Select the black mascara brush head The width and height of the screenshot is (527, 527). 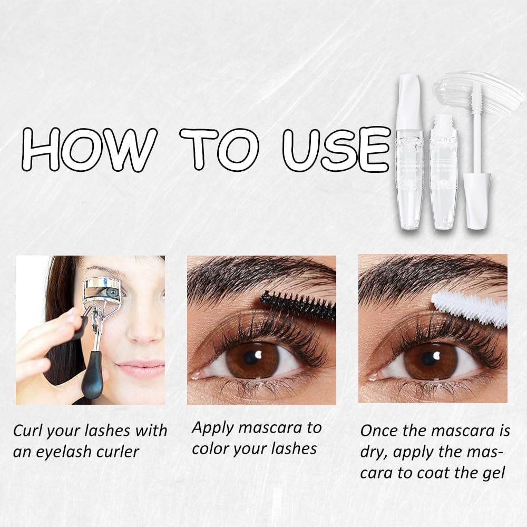pos(298,305)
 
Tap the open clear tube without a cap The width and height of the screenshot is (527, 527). pos(443,174)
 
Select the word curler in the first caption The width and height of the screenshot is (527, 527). pos(120,451)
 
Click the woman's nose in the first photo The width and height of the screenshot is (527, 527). pos(141,329)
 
